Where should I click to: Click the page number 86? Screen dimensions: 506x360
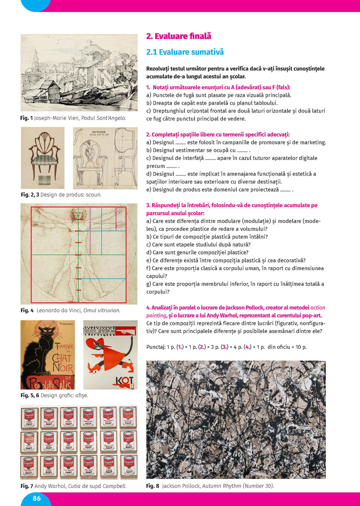(37, 498)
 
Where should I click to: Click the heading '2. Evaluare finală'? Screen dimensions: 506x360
(179, 36)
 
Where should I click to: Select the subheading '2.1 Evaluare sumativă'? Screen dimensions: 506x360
(185, 52)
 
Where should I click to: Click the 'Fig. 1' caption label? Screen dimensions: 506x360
(26, 118)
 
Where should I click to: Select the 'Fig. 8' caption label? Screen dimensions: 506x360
(153, 486)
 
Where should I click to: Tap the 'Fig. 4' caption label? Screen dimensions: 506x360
(27, 310)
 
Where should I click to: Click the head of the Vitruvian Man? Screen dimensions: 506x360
(78, 213)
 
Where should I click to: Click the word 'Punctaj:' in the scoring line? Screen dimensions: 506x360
(156, 347)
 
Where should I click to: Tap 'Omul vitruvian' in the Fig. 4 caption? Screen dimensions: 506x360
(102, 310)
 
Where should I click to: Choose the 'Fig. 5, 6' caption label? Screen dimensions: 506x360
(30, 395)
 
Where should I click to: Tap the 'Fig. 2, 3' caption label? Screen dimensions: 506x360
(30, 194)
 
